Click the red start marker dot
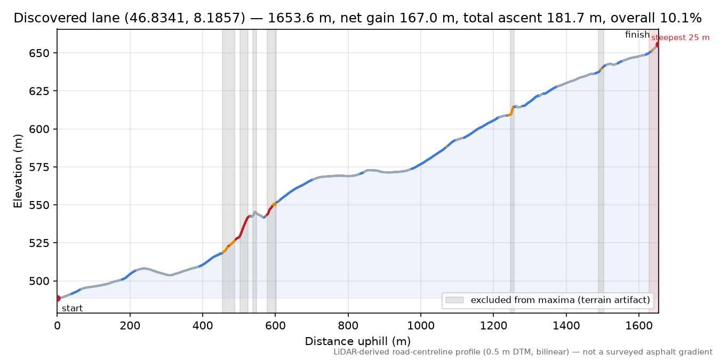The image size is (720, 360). pos(58,299)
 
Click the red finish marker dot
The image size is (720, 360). pos(658,45)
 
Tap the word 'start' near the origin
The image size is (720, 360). pos(72,309)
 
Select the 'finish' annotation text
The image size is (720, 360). pos(637,35)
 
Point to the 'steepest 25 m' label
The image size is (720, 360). pos(680,38)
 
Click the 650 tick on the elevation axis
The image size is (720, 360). pos(39,53)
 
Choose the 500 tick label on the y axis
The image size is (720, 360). pos(39,281)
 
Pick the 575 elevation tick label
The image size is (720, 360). pos(39,167)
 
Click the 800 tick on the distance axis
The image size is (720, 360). pos(348,326)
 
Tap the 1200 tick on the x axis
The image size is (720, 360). pos(493,326)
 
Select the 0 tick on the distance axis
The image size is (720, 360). pos(57,326)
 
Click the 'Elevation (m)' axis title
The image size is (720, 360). pos(18,171)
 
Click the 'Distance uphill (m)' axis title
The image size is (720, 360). pos(358,341)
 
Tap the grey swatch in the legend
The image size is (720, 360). pos(454,300)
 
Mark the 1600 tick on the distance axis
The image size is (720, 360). pos(639,326)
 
